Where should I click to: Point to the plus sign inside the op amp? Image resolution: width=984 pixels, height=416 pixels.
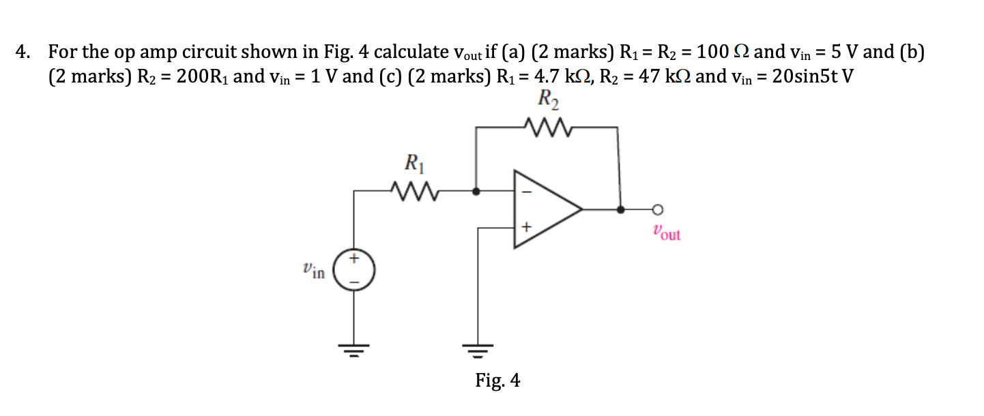[525, 226]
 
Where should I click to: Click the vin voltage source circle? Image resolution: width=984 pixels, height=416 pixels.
[354, 271]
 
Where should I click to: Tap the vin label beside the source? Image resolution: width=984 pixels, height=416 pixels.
[314, 271]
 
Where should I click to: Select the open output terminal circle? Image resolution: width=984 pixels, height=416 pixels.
[657, 209]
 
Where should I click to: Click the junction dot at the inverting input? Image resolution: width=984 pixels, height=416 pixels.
[476, 192]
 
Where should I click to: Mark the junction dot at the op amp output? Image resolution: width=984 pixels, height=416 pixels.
[620, 209]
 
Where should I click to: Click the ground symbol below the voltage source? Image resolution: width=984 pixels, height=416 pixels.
[354, 352]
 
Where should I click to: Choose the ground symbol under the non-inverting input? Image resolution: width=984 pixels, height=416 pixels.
[477, 352]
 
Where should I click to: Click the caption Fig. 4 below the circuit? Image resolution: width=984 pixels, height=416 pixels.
[497, 381]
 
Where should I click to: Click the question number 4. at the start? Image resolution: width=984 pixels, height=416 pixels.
[24, 53]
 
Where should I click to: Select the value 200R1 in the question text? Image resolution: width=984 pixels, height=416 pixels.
[203, 76]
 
